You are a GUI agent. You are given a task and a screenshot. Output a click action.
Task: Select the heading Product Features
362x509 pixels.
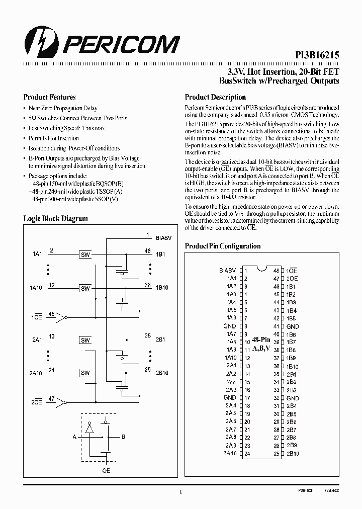coord(49,97)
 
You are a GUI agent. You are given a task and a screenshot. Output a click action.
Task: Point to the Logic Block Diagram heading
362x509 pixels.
coord(55,218)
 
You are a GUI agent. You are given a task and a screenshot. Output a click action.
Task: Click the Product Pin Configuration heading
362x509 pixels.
coord(223,246)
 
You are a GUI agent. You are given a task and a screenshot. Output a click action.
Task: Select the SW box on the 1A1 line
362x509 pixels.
coord(85,255)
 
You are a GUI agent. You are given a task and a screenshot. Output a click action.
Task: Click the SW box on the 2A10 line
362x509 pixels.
coord(85,373)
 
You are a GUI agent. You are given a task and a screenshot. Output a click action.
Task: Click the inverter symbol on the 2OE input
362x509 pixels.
coord(61,403)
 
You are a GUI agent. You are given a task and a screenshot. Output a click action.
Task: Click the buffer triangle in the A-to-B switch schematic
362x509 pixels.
coord(89,428)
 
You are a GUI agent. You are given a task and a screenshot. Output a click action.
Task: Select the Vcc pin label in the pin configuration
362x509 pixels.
coord(231,382)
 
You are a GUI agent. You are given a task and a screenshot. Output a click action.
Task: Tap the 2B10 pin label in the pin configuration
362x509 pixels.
coord(293,453)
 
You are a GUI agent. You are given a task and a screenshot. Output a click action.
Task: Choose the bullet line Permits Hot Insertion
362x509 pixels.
coord(53,138)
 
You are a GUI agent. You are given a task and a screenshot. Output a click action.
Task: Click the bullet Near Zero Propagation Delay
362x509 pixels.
coord(63,108)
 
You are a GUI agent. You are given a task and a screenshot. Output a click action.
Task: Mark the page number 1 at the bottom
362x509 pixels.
coord(180,493)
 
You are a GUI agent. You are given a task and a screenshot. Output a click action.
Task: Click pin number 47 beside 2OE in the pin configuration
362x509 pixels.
coord(276,278)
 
